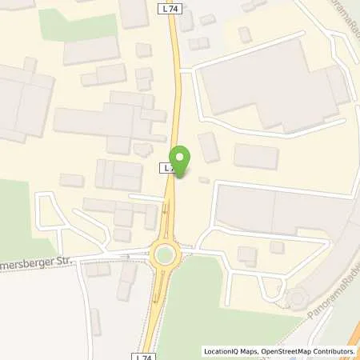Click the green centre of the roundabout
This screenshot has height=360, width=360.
tap(166, 256)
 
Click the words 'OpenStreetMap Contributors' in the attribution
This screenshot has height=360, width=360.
tap(307, 351)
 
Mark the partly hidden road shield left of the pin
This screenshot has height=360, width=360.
tap(167, 168)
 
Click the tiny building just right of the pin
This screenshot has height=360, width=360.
tap(203, 179)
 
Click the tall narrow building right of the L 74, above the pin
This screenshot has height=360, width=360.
tap(208, 147)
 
